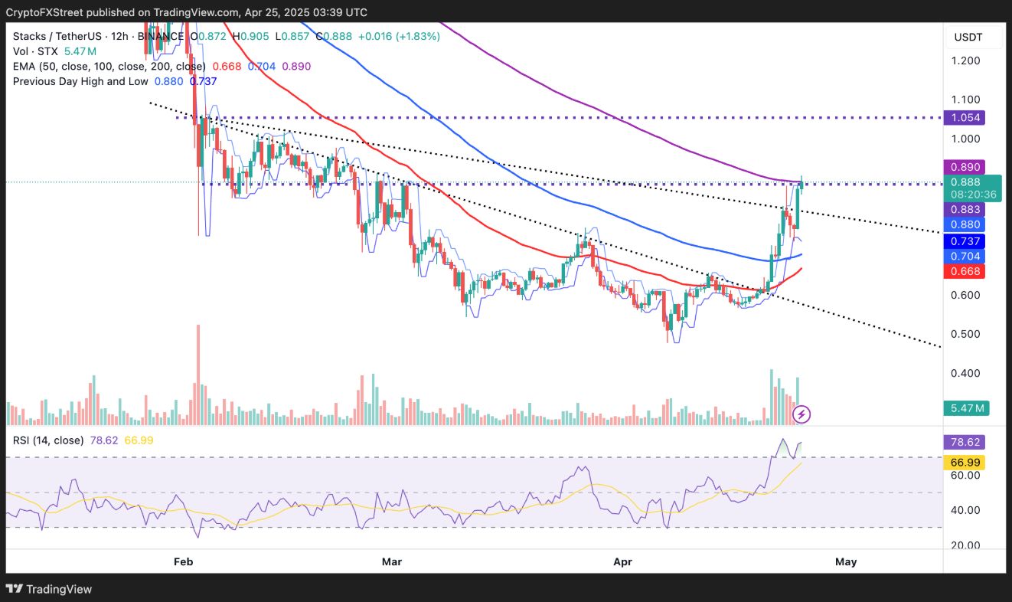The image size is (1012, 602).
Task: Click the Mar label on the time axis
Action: [x=392, y=561]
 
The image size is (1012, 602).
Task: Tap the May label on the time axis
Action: [x=846, y=561]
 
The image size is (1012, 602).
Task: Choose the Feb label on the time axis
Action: [x=183, y=561]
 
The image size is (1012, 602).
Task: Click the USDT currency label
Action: [x=968, y=37]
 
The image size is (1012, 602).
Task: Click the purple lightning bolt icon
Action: [x=801, y=414]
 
